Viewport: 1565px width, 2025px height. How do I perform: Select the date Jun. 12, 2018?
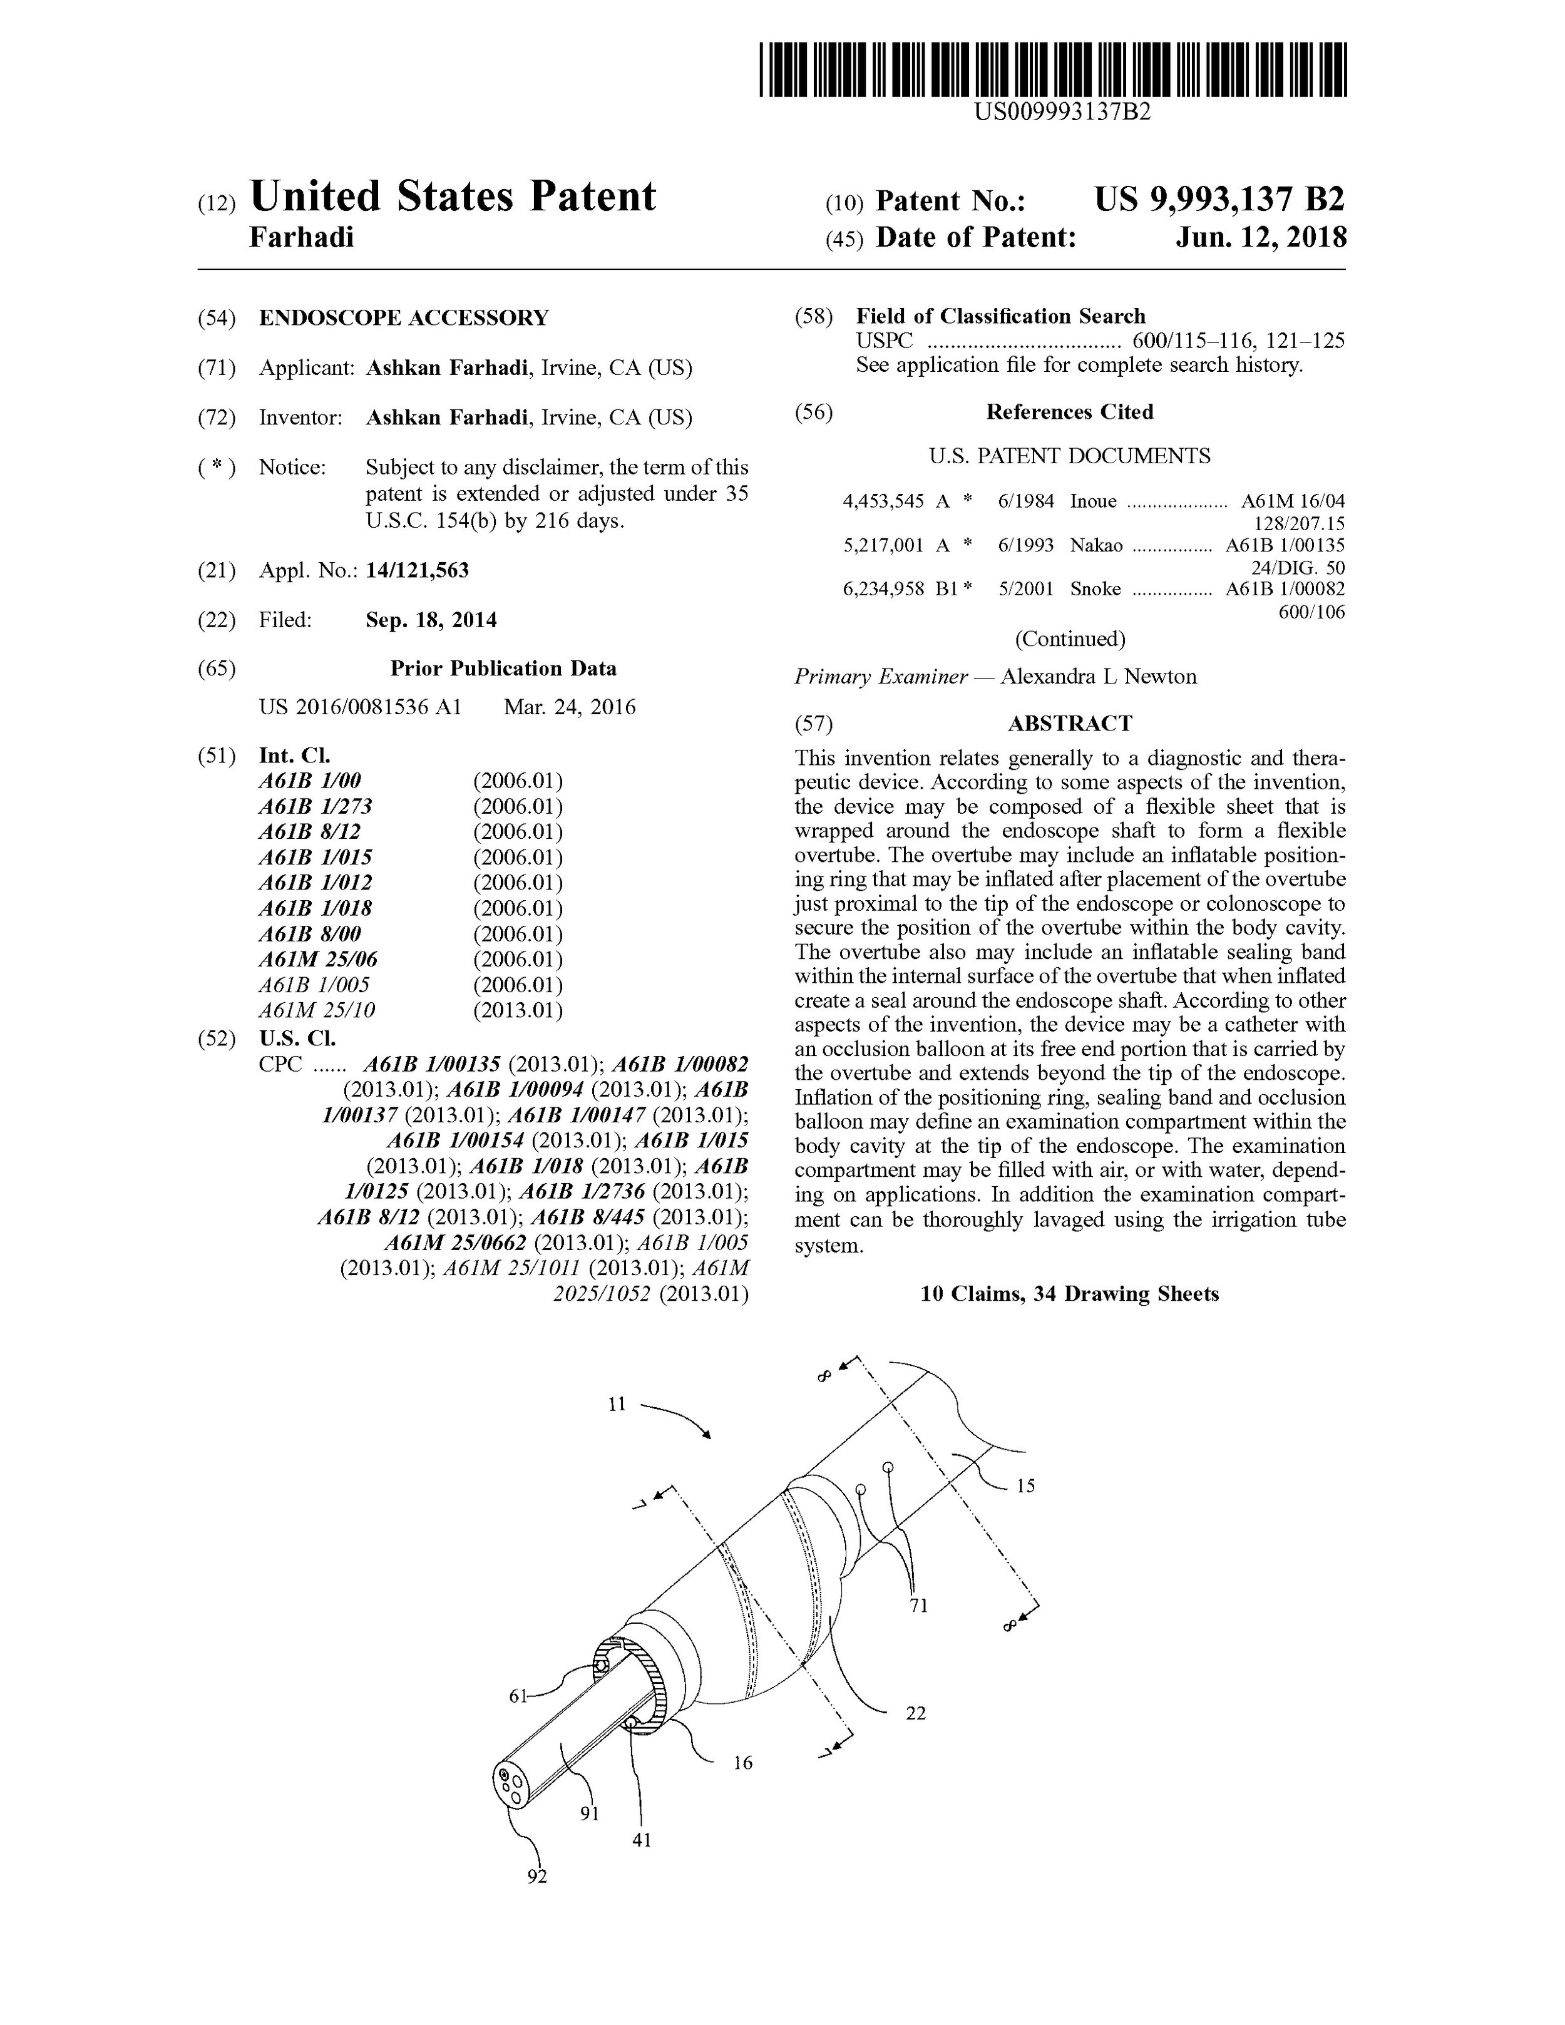[1261, 238]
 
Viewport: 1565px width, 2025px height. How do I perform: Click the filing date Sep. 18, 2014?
[431, 620]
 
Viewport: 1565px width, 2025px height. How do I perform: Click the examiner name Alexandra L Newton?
[1099, 677]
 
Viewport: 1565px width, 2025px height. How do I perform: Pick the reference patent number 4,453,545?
[883, 501]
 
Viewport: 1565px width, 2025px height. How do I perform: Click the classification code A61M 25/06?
[318, 960]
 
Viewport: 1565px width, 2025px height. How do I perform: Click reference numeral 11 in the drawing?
[617, 1405]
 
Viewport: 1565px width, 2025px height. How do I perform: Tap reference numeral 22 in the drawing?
[915, 1713]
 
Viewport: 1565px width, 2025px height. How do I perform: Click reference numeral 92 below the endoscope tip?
[537, 1876]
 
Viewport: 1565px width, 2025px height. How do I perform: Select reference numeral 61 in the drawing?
[519, 1696]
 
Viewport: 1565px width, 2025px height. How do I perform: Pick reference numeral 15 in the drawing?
[1025, 1485]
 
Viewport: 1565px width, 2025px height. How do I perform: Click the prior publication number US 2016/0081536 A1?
[360, 707]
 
